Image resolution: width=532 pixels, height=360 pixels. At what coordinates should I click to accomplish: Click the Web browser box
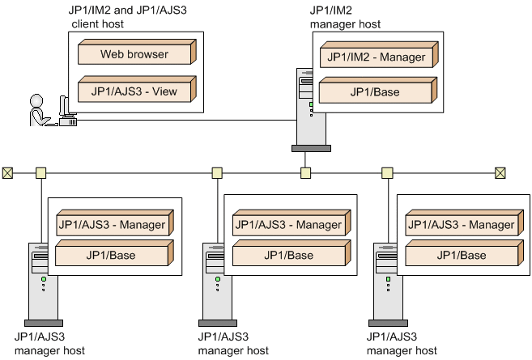[135, 55]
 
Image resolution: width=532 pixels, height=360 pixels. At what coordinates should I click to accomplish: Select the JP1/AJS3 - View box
[135, 91]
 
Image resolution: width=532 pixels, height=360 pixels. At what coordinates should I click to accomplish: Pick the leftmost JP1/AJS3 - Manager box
[112, 224]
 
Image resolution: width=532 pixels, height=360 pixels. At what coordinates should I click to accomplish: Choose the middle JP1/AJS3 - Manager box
[287, 224]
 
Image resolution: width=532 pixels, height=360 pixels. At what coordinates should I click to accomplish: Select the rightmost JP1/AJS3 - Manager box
[460, 224]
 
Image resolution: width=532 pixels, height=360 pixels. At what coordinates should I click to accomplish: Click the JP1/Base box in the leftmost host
[112, 256]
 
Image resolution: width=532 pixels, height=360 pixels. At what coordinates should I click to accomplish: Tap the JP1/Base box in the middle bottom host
[287, 256]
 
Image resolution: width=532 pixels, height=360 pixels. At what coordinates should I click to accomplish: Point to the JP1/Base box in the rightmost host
[460, 256]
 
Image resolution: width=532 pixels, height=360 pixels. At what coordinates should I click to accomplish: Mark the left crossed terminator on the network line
[8, 172]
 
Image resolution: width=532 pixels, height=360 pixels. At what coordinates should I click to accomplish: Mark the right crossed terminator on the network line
[500, 172]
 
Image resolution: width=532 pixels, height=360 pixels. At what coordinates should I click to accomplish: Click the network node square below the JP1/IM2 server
[305, 172]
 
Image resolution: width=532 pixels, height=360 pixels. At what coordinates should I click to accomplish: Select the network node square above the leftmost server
[41, 172]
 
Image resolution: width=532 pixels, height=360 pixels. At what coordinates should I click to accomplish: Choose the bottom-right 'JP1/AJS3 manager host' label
[401, 344]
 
